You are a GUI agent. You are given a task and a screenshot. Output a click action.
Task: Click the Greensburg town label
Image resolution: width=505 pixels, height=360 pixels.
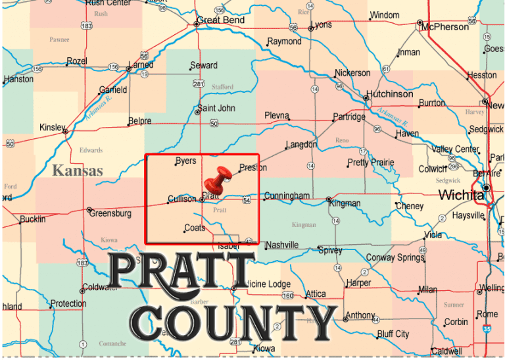110,213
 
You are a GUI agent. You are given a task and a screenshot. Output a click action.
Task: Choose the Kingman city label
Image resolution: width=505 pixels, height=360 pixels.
345,203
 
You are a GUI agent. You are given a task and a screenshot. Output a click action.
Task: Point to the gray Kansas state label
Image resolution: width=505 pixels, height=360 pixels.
78,171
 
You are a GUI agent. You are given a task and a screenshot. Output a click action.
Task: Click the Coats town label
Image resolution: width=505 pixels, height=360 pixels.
195,228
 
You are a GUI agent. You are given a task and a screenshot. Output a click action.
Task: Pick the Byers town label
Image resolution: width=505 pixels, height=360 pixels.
185,161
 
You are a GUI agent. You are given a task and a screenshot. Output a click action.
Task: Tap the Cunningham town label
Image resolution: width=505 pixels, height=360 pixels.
286,195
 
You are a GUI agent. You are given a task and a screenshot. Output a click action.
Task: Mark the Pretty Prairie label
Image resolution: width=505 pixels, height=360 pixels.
371,163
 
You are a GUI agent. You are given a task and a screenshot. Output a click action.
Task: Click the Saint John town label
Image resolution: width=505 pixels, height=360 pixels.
216,109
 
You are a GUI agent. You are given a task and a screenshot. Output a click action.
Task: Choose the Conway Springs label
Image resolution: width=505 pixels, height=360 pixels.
395,257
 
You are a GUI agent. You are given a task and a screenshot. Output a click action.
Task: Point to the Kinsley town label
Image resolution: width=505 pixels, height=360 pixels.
53,127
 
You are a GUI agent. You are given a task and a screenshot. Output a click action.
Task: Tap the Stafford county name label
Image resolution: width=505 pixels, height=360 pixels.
223,87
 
